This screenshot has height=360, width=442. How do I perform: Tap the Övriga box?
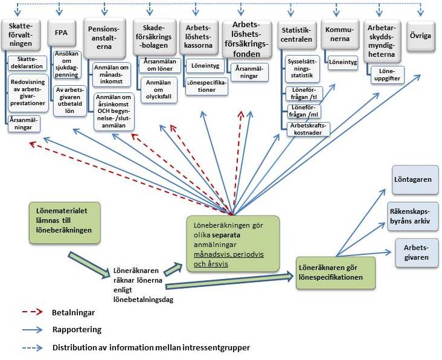point(420,36)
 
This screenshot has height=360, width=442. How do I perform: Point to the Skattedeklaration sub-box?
point(26,63)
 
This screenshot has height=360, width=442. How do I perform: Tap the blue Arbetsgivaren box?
point(416,251)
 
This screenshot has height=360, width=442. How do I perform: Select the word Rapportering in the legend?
point(77,330)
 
